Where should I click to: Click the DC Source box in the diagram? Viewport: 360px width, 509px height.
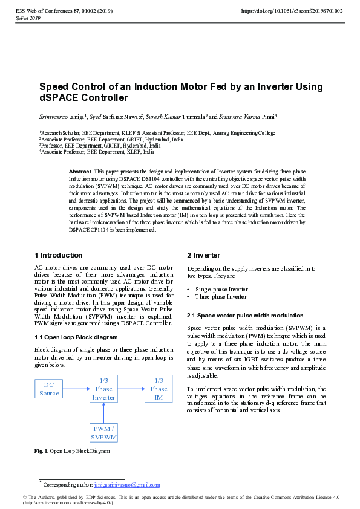click(x=49, y=389)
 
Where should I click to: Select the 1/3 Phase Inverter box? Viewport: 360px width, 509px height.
click(x=103, y=389)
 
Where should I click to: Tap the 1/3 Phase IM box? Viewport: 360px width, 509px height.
click(x=159, y=389)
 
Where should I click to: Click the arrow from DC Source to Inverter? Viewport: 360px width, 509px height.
click(x=76, y=389)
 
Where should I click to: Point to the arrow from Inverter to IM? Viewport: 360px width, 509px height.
click(x=131, y=389)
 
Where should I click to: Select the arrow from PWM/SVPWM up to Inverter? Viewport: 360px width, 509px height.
click(x=103, y=413)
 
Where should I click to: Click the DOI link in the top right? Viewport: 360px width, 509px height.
click(x=292, y=11)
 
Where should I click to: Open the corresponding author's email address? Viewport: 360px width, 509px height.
click(x=127, y=485)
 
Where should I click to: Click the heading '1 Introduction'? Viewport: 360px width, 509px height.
click(x=59, y=255)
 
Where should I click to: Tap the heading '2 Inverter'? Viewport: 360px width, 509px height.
click(x=204, y=255)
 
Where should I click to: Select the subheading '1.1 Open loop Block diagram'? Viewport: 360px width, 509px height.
click(x=76, y=337)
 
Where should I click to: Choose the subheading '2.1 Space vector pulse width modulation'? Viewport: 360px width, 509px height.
click(x=245, y=316)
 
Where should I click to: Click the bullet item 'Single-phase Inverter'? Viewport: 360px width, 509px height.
click(x=221, y=289)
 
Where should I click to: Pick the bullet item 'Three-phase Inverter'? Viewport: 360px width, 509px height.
click(x=221, y=297)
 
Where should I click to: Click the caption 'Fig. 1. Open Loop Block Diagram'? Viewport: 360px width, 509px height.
click(x=72, y=451)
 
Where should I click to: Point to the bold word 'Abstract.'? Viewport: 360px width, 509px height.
click(x=80, y=172)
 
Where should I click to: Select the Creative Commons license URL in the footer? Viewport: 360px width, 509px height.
click(x=68, y=503)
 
